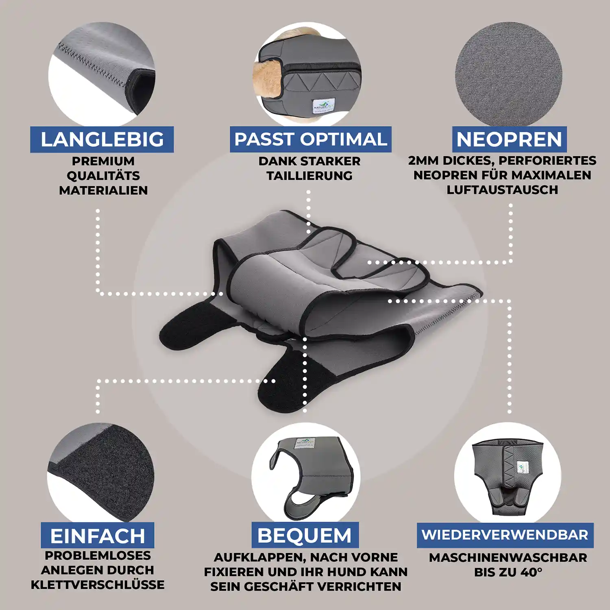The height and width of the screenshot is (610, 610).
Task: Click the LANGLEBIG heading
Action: (x=102, y=139)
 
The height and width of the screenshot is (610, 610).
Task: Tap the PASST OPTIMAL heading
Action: (x=311, y=139)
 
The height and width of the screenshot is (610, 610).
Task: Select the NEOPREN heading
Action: (x=509, y=139)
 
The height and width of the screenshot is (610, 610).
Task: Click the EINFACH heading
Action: (x=98, y=536)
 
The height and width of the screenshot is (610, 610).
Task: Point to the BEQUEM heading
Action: (x=305, y=535)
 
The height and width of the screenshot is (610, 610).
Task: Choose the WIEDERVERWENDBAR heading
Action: (x=505, y=535)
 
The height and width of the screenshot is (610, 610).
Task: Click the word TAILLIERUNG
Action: (x=309, y=176)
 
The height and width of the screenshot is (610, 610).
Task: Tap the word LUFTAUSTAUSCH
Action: (x=502, y=190)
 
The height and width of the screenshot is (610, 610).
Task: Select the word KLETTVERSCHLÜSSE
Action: (x=98, y=585)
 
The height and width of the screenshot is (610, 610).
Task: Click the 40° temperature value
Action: (x=531, y=572)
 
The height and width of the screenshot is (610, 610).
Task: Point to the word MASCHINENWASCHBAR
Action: (x=508, y=558)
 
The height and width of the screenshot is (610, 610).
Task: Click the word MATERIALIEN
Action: (x=103, y=190)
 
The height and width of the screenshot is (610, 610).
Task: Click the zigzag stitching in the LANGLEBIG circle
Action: (x=94, y=65)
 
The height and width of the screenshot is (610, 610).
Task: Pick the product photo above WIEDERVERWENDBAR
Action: (x=508, y=474)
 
